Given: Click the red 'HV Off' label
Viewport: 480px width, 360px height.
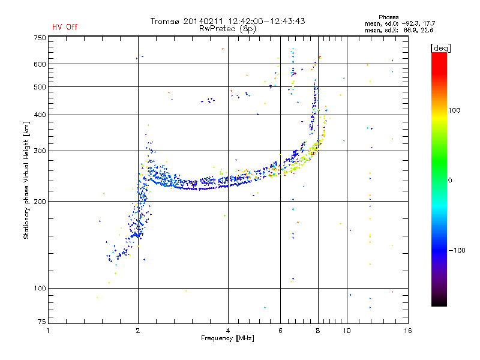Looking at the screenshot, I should click(x=65, y=27).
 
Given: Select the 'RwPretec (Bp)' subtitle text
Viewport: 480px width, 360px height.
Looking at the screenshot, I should click(x=229, y=28).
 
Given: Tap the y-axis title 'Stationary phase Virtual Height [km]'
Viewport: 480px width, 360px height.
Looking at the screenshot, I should click(x=26, y=181).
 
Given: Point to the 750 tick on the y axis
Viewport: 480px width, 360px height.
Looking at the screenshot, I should click(x=39, y=38).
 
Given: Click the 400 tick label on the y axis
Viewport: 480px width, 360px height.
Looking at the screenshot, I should click(x=39, y=115).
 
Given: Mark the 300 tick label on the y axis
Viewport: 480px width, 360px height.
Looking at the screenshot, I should click(x=39, y=151).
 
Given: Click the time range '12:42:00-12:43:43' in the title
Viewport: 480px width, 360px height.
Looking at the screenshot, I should click(x=266, y=21).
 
